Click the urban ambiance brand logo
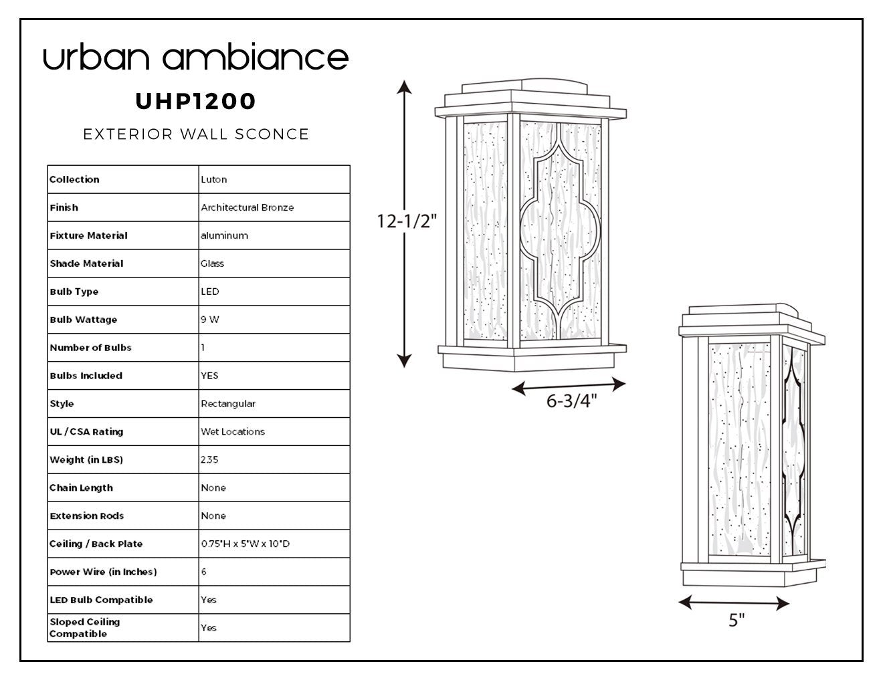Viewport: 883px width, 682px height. [196, 56]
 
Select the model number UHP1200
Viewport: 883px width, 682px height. [195, 101]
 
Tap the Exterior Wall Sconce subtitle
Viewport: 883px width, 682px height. [196, 134]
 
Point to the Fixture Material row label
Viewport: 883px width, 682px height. [88, 235]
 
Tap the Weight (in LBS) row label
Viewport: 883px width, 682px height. [86, 460]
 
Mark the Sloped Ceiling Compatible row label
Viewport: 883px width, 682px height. [84, 628]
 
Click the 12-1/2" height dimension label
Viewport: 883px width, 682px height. [407, 221]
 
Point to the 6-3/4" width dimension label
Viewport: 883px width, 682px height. [571, 401]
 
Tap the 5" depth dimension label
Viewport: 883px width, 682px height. [737, 620]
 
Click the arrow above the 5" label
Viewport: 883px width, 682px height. [734, 603]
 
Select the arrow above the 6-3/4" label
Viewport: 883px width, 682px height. [569, 386]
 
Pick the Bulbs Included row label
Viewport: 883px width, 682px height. [86, 376]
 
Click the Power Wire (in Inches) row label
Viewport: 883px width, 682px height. [103, 572]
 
